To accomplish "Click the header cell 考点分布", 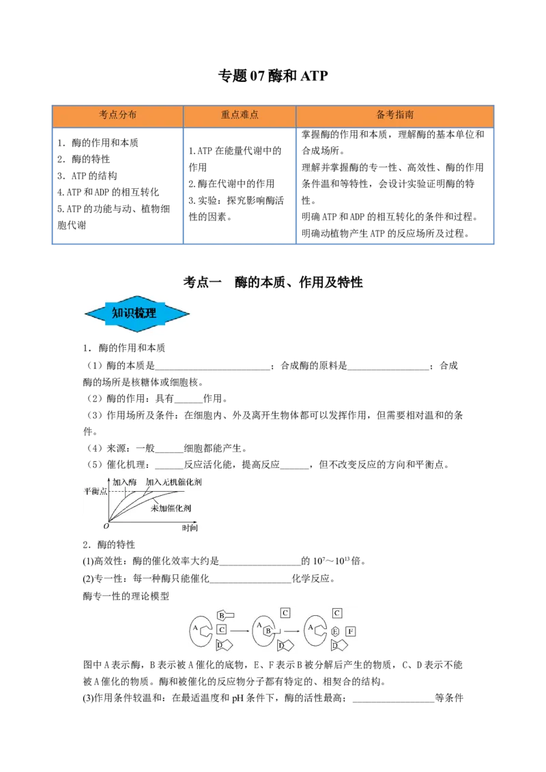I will click(x=117, y=115).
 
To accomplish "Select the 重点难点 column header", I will click(x=240, y=115).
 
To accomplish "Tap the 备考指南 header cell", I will click(x=394, y=115).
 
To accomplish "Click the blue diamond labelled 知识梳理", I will click(x=135, y=314).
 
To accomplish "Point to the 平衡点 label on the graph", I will click(x=95, y=491).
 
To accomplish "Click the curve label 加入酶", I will click(x=124, y=481).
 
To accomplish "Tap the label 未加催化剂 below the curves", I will click(x=171, y=509).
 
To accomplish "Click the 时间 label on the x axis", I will click(x=190, y=528).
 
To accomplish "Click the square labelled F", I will click(x=350, y=632).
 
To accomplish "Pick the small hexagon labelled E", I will click(x=335, y=632).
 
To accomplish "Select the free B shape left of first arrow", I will click(x=223, y=614).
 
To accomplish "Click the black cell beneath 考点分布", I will click(x=117, y=185).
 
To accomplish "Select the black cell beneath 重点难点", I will click(x=240, y=185).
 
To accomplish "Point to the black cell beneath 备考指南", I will click(x=395, y=185).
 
